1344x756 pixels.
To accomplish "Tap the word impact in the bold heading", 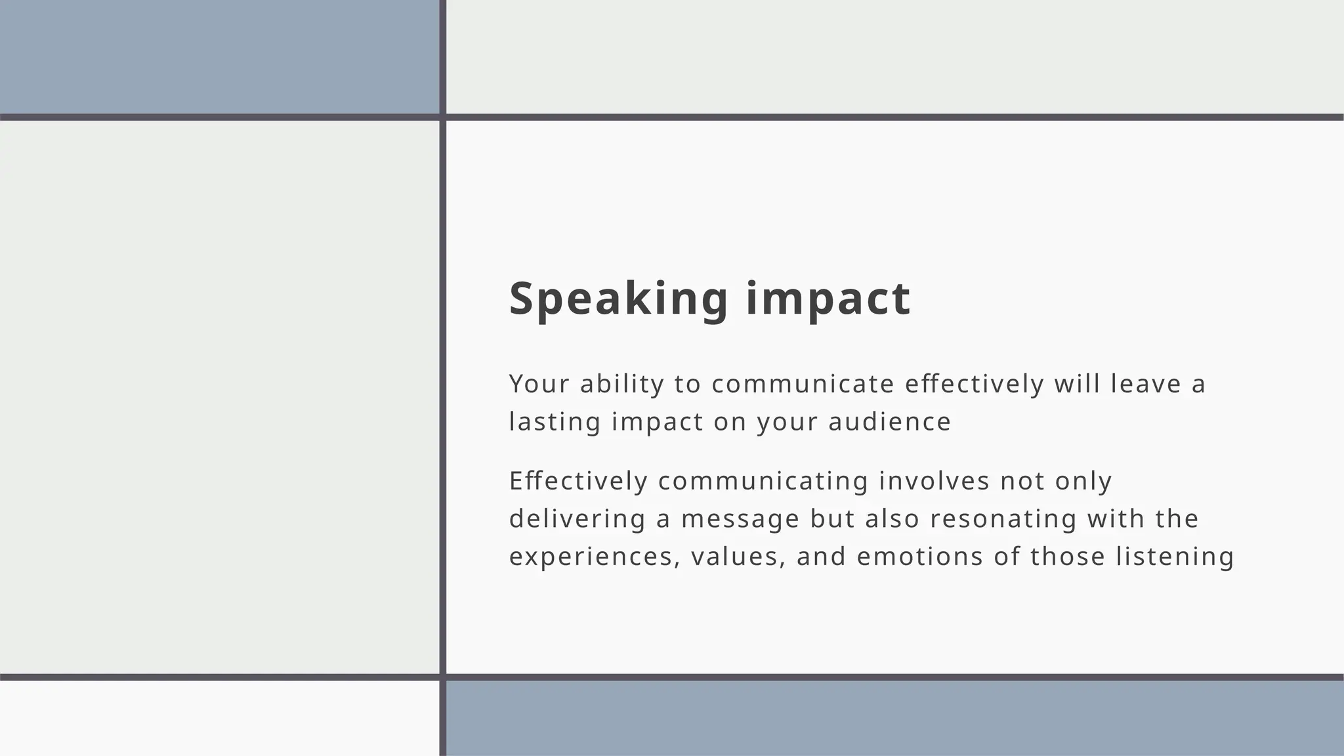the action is click(828, 299).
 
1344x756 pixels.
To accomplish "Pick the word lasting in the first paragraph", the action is click(555, 422).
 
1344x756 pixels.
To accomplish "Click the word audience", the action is click(889, 422).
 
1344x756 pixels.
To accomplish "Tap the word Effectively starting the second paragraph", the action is click(578, 481).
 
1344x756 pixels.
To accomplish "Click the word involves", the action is click(934, 481).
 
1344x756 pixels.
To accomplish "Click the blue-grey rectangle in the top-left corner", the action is click(219, 56).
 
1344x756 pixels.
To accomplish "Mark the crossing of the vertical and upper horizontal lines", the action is click(442, 117).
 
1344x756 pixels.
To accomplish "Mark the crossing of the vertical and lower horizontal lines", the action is click(442, 677).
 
